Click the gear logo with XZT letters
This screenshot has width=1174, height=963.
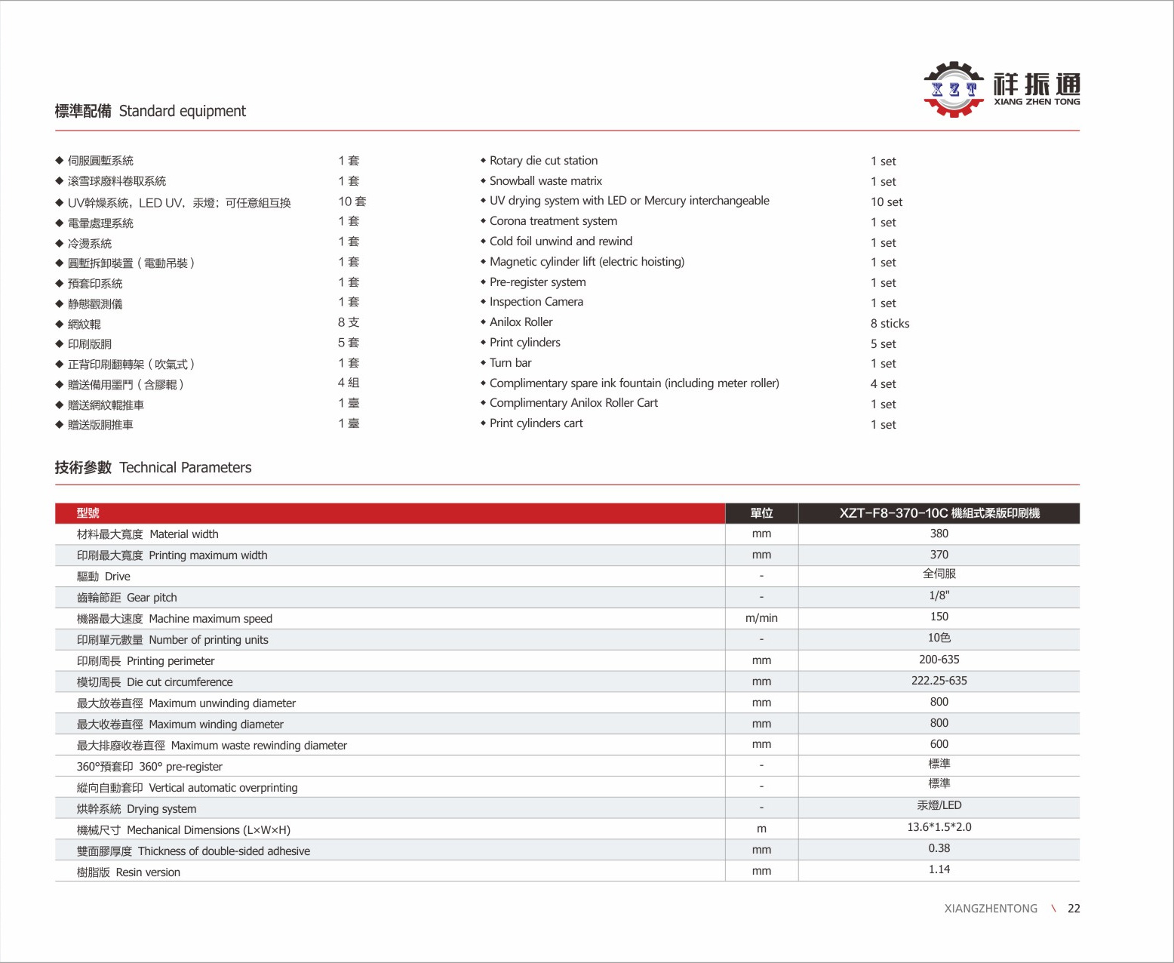click(954, 89)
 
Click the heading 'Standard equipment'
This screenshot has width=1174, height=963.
click(182, 111)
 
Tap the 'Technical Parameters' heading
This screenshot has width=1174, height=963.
click(185, 467)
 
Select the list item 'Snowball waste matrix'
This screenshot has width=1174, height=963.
click(546, 181)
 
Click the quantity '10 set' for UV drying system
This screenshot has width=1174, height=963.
click(886, 202)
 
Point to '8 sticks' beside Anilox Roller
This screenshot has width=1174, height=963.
click(890, 324)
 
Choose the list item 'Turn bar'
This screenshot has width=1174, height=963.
click(510, 363)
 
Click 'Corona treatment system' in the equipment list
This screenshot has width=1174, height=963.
click(553, 221)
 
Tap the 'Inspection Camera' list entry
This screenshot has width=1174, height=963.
click(536, 302)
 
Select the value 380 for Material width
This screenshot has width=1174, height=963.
click(939, 534)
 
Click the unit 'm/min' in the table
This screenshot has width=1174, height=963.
click(761, 618)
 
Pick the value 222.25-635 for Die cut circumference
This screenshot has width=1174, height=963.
click(939, 681)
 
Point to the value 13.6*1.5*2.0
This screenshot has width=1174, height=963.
click(939, 827)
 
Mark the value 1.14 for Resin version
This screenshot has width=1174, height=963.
click(939, 869)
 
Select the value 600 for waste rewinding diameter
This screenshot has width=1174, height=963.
click(939, 744)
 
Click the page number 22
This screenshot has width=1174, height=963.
click(1074, 909)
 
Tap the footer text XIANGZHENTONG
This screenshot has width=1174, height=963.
click(991, 909)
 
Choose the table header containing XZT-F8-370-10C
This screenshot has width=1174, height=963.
click(939, 513)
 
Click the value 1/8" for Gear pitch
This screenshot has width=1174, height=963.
click(939, 595)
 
